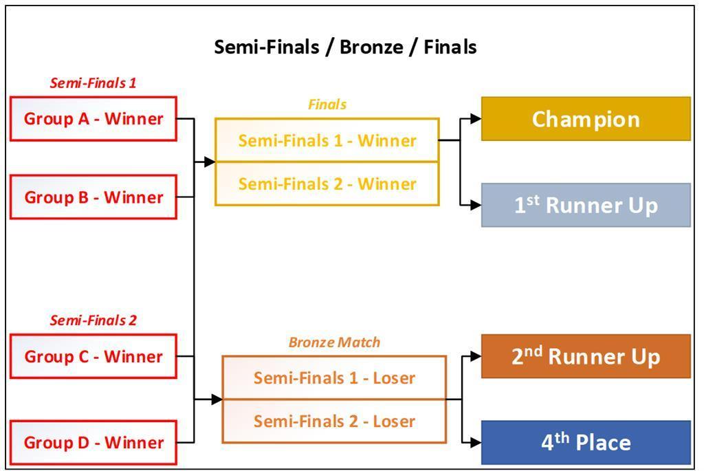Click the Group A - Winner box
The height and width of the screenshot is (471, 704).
tap(93, 119)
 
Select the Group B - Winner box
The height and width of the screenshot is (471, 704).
tap(93, 197)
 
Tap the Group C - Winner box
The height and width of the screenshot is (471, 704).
tap(93, 356)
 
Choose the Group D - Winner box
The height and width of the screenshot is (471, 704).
tap(93, 442)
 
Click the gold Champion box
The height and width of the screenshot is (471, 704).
tap(586, 119)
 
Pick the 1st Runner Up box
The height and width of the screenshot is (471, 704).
tap(586, 205)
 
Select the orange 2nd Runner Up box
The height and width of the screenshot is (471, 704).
tap(586, 356)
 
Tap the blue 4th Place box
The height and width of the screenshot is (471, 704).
tap(586, 442)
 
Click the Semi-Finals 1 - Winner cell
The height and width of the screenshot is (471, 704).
tap(327, 140)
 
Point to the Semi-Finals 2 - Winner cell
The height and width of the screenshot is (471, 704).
tap(327, 184)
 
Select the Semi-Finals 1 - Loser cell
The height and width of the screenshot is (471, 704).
tap(334, 377)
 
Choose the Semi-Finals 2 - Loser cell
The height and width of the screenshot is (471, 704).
tap(334, 421)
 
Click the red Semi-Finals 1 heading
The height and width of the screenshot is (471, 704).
tap(93, 83)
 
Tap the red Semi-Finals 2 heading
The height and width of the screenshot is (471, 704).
tap(93, 320)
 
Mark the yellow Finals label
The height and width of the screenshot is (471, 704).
tap(327, 105)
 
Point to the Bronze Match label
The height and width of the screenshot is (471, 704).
tap(334, 342)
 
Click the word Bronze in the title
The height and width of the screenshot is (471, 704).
tap(371, 47)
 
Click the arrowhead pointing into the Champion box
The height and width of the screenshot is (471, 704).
tap(476, 119)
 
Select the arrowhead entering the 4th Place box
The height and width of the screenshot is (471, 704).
tap(476, 442)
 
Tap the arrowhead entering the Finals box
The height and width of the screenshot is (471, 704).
tap(210, 162)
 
